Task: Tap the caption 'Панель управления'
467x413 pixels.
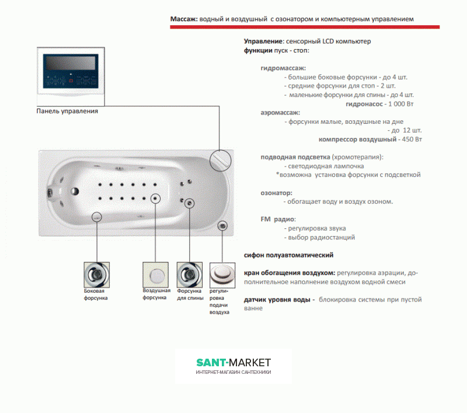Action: (67, 111)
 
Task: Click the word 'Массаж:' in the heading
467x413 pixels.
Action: (183, 19)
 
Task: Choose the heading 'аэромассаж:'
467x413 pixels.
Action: (280, 112)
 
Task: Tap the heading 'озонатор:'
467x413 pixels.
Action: (277, 193)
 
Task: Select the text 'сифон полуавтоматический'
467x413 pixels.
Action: (288, 255)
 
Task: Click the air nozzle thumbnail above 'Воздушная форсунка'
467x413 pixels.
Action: (155, 274)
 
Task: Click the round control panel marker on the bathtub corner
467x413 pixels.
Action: (221, 159)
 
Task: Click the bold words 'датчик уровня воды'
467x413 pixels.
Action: (277, 300)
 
